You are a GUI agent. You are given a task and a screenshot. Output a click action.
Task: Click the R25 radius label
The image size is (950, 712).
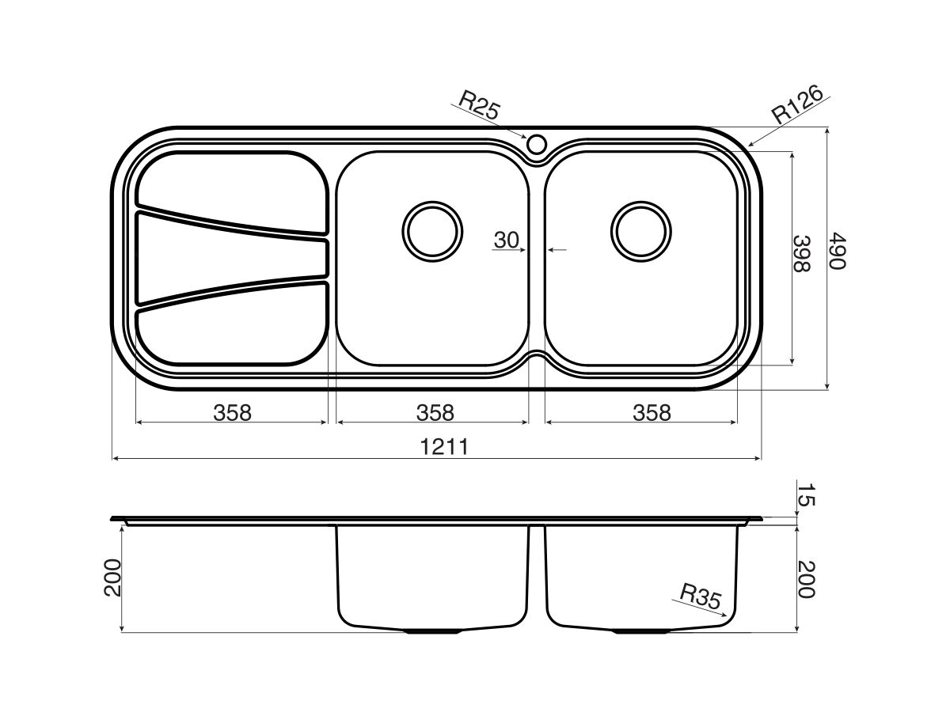479,105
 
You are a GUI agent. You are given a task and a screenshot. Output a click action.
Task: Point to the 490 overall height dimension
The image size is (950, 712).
837,251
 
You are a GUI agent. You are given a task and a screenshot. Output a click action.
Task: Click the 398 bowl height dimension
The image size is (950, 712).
802,253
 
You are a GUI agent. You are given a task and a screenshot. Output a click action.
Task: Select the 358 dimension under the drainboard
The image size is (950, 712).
232,412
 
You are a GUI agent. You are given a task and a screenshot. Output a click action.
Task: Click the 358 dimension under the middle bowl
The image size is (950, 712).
435,412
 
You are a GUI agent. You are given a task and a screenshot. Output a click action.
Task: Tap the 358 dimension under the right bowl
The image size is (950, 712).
651,412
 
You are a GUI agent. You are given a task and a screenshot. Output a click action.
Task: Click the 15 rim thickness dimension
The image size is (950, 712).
804,496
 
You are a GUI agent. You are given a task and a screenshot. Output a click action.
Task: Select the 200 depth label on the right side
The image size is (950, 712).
804,580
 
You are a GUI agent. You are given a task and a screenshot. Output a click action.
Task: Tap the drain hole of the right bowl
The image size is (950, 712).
641,231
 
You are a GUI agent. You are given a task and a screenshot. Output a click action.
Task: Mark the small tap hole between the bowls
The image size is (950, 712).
536,144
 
